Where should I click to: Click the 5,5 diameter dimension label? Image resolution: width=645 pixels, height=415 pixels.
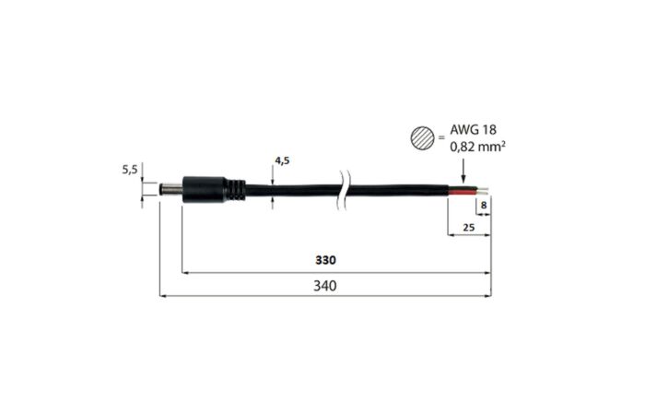pos(130,169)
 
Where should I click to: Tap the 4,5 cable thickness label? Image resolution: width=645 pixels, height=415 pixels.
pos(282,160)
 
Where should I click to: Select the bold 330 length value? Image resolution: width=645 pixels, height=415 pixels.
pos(325,260)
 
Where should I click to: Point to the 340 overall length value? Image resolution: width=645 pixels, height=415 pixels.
pos(325,285)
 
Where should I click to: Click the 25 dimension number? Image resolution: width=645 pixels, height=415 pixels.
pos(468,227)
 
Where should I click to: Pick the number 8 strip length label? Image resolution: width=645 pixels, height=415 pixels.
pos(484,205)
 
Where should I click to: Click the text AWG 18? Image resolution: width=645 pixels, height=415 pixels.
pos(473,130)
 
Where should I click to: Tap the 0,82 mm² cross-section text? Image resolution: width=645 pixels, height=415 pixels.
pos(477,146)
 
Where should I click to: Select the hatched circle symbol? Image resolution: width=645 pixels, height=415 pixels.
pos(422,137)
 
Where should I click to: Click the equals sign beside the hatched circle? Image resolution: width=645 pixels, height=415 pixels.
pos(441,138)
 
